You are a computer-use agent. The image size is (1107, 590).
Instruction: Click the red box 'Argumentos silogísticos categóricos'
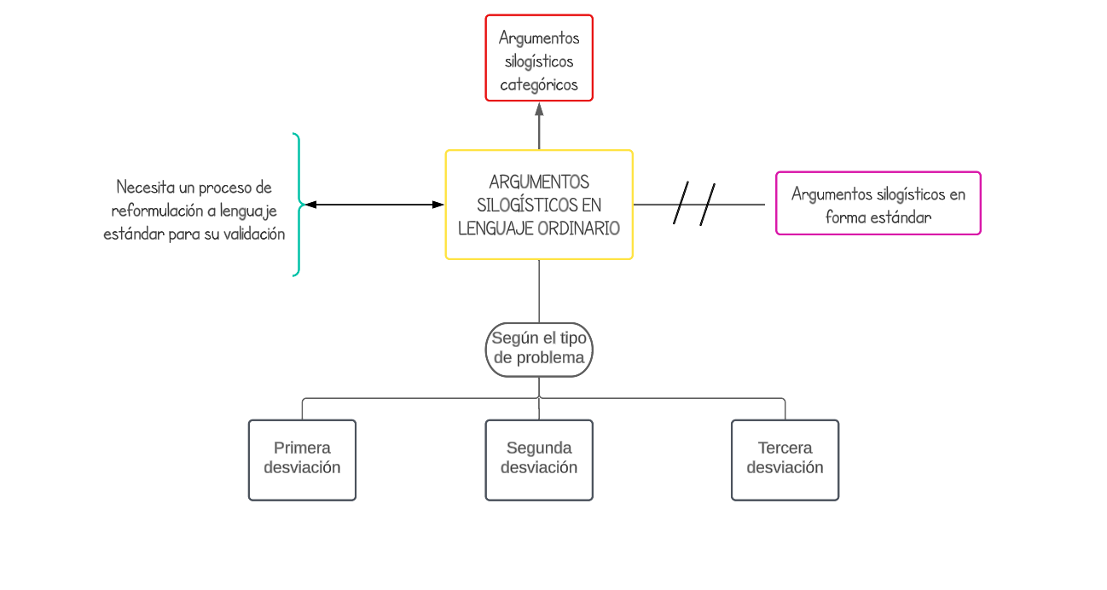click(539, 58)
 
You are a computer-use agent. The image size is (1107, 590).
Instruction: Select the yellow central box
click(539, 205)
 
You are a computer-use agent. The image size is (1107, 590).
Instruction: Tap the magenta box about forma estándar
click(878, 203)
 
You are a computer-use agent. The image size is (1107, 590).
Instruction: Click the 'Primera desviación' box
click(302, 460)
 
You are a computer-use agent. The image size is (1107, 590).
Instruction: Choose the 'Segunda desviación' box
click(539, 460)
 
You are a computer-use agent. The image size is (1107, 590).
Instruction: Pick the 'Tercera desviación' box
click(785, 460)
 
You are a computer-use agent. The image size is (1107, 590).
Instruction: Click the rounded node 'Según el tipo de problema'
click(539, 349)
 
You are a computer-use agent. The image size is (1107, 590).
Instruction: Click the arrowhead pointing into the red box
click(539, 109)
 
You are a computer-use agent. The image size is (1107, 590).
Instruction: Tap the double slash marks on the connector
click(694, 205)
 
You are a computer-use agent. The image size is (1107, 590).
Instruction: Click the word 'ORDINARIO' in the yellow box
click(579, 228)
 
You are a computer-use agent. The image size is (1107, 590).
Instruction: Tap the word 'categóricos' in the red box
click(539, 84)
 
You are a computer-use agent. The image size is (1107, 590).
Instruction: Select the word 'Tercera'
click(785, 448)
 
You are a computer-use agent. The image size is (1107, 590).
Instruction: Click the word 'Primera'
click(302, 448)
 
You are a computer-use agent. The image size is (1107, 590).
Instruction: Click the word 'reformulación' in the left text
click(157, 211)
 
